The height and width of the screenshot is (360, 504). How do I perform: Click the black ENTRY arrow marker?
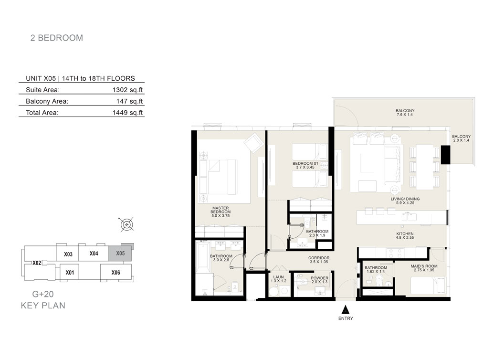(345, 309)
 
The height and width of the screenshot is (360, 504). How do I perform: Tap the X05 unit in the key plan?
(120, 253)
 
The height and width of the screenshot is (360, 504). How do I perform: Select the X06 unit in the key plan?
(115, 273)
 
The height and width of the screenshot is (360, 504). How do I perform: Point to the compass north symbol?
(127, 224)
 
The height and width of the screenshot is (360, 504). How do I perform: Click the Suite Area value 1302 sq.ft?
(127, 90)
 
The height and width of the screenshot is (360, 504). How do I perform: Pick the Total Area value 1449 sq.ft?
(127, 113)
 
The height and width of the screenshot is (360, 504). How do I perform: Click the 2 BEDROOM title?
(57, 38)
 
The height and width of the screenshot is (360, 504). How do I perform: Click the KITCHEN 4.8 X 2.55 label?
(405, 235)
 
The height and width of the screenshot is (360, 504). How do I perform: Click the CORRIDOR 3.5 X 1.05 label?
(319, 260)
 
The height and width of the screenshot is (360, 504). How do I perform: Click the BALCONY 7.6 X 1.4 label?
(405, 113)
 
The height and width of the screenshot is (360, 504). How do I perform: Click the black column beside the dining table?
(445, 155)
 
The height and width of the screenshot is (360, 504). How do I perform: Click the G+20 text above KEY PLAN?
(43, 294)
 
